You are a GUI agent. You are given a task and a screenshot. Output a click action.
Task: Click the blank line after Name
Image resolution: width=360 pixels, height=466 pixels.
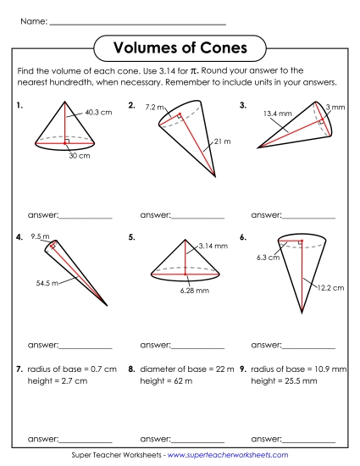[137, 22]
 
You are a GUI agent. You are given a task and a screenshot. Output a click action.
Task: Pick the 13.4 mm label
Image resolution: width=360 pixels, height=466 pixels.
[275, 113]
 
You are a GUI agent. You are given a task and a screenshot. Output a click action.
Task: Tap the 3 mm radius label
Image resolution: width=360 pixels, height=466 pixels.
[335, 107]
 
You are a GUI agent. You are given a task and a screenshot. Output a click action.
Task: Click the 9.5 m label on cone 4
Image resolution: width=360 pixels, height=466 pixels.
[40, 236]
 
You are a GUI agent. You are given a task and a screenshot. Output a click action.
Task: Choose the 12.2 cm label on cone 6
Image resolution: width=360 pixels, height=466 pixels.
[331, 288]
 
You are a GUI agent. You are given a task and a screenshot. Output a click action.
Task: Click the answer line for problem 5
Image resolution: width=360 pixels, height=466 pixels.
[198, 347]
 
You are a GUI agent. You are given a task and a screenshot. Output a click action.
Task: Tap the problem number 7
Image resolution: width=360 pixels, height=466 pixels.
[19, 370]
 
